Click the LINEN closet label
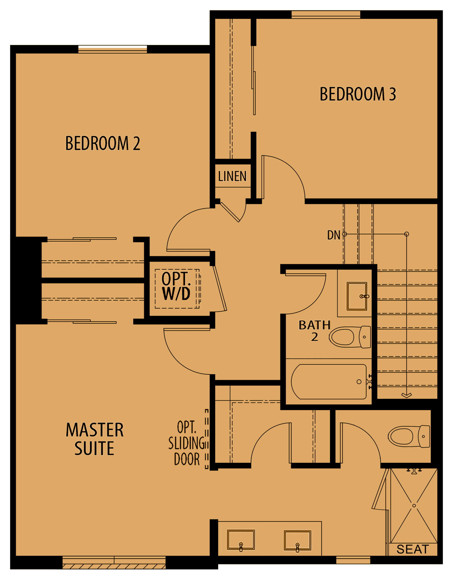[x=232, y=176]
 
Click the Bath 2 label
[x=314, y=331]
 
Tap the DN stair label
[x=334, y=235]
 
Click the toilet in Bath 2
[x=350, y=337]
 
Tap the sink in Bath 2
[x=357, y=296]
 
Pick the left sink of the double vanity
[x=241, y=540]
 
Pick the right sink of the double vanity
[x=297, y=540]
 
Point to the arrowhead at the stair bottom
[x=407, y=396]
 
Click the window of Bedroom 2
[x=113, y=49]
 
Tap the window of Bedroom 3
[x=326, y=15]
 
